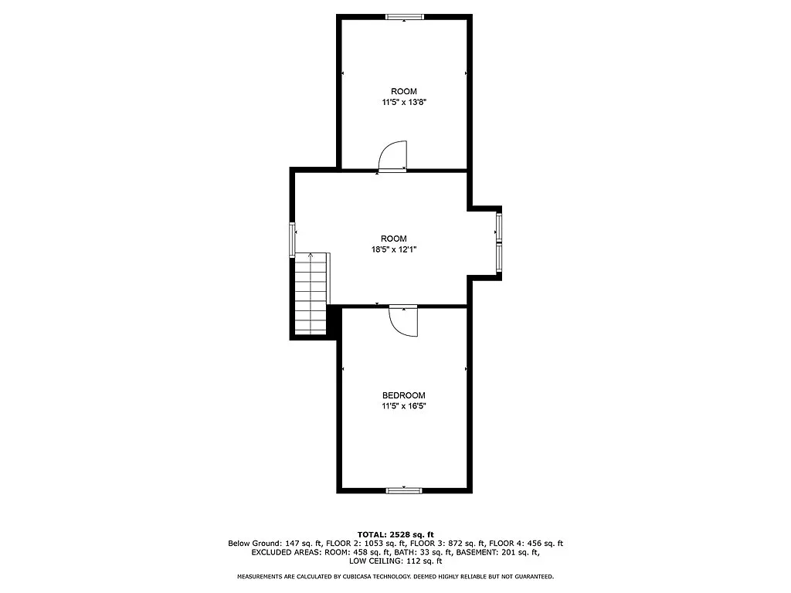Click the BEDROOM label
pyautogui.click(x=403, y=395)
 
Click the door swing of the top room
pyautogui.click(x=395, y=155)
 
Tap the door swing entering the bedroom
pyautogui.click(x=403, y=320)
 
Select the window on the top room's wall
pyautogui.click(x=405, y=16)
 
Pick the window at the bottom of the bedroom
pyautogui.click(x=404, y=490)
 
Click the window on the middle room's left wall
pyautogui.click(x=292, y=239)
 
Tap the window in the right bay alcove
pyautogui.click(x=499, y=243)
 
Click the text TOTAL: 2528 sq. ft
pyautogui.click(x=395, y=534)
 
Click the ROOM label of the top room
pyautogui.click(x=403, y=91)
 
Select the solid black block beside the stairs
pyautogui.click(x=334, y=320)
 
